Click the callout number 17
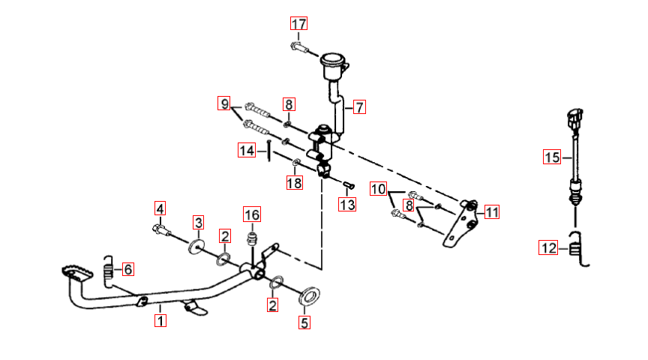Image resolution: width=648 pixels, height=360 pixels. coord(298,24)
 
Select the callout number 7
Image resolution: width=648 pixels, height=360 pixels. coord(359,107)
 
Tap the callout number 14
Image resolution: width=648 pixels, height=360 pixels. coord(247,150)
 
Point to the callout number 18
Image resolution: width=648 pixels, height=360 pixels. coord(294,182)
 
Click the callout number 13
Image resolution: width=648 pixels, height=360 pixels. coord(347,204)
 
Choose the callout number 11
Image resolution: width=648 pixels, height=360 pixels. coord(491,212)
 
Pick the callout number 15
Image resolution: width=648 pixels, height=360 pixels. coord(552,157)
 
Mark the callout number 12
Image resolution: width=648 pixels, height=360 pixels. coord(548,247)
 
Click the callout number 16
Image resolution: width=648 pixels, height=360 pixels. coord(252,214)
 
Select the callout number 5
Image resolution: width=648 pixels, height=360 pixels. coord(304,322)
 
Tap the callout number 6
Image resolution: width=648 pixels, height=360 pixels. coord(128,269)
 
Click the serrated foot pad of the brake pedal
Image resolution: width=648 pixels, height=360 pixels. coord(76,274)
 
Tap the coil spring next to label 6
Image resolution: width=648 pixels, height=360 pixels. coord(108,271)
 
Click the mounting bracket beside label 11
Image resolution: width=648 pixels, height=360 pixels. coord(460,223)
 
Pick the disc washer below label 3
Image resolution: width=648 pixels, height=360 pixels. coord(196,246)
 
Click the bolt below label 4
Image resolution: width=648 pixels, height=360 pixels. coord(161,229)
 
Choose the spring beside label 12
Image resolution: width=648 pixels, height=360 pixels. coord(577,249)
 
